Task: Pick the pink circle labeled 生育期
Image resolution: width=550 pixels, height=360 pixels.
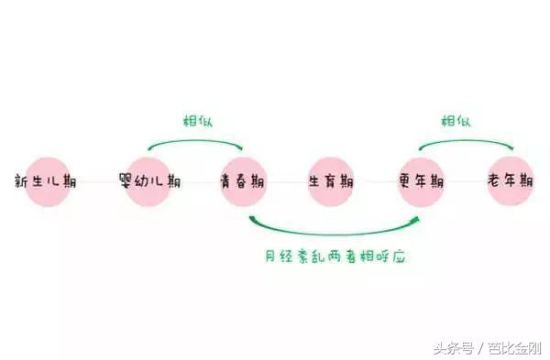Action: [x=333, y=180]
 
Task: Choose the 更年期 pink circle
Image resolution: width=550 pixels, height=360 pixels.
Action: [x=423, y=180]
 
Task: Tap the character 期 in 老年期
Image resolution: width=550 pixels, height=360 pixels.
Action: [x=525, y=180]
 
